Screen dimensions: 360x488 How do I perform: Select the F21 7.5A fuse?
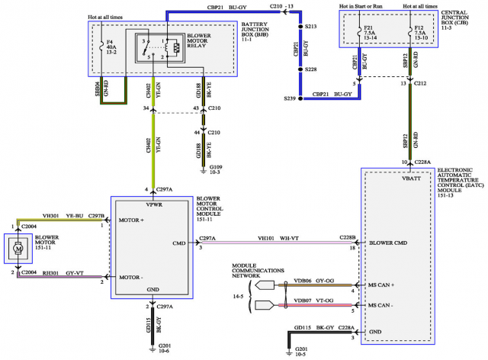pos(358,36)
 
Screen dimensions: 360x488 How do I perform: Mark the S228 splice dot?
pos(300,70)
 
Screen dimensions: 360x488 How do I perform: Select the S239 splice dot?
pos(300,98)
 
